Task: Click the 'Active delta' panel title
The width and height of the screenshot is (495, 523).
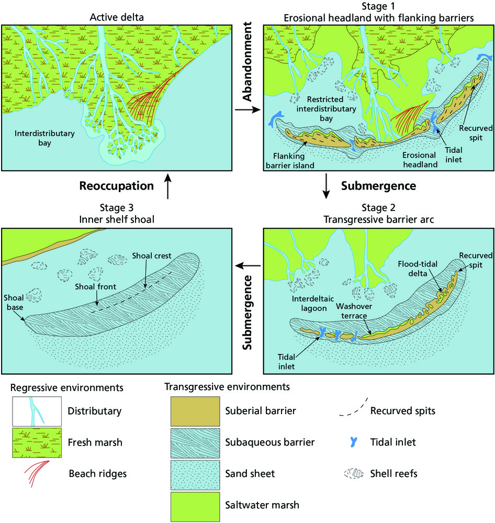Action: tap(117, 17)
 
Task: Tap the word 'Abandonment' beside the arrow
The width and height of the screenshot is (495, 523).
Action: tap(247, 61)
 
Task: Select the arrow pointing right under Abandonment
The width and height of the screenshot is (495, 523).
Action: tap(248, 109)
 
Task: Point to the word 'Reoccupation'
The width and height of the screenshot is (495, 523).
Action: tap(116, 186)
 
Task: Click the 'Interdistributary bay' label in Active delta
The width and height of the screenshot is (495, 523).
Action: tap(44, 138)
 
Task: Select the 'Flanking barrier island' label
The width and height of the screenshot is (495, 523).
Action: tap(290, 160)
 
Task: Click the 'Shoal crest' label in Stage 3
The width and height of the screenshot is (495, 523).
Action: tap(152, 256)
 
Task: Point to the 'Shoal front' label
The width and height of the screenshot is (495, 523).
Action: tap(95, 286)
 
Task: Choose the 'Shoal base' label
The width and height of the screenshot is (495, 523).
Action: tap(14, 302)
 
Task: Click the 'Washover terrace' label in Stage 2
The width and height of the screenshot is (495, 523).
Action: tap(354, 311)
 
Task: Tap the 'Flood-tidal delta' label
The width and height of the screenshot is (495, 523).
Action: tap(418, 269)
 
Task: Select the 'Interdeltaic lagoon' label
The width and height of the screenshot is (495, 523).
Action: tap(313, 303)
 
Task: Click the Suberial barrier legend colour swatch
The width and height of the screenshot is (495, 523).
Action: tap(195, 411)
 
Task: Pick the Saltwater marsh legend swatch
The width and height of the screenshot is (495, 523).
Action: tap(195, 507)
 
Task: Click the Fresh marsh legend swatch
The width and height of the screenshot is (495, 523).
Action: tap(37, 442)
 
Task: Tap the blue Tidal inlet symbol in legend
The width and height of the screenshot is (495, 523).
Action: tap(354, 442)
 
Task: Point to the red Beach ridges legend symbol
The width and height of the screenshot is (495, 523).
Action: tap(37, 474)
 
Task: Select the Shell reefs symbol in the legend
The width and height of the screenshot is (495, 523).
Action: tap(354, 473)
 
